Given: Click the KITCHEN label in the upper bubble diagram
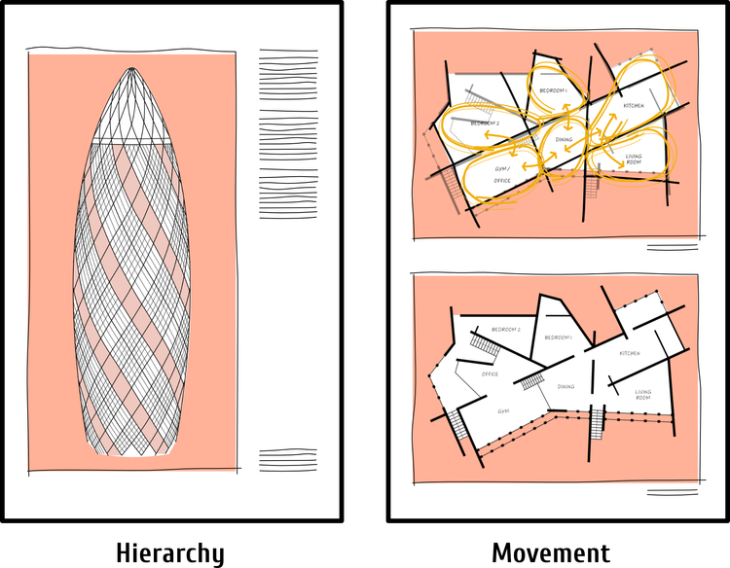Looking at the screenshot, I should tap(634, 105).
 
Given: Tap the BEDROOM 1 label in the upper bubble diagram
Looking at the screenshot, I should tap(554, 89).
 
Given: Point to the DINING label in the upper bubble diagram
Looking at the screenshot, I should tap(565, 139).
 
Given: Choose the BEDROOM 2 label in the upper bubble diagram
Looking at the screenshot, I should tap(485, 124).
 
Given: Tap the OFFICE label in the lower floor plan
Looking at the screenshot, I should tap(490, 373).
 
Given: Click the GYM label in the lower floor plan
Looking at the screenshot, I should tap(503, 410).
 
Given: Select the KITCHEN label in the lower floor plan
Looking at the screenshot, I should tap(630, 353).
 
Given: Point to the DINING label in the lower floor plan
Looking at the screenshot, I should tap(566, 386).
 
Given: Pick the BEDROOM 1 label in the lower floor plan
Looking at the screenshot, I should tap(558, 337).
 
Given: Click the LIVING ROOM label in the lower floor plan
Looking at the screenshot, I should tap(643, 395).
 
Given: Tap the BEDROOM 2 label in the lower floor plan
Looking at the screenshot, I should tap(506, 330).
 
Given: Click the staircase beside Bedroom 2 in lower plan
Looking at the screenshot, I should tap(484, 344).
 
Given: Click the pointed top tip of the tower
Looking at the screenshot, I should tap(132, 68).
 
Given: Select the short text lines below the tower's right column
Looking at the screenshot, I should tap(287, 460).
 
